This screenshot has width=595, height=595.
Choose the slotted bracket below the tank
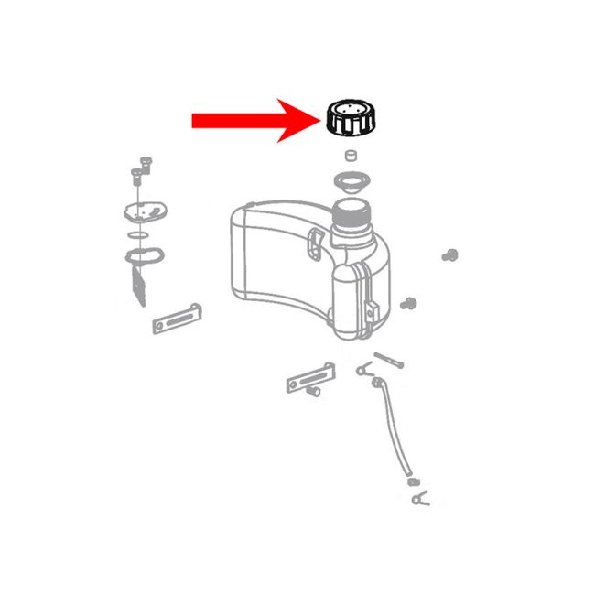click(x=308, y=376)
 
